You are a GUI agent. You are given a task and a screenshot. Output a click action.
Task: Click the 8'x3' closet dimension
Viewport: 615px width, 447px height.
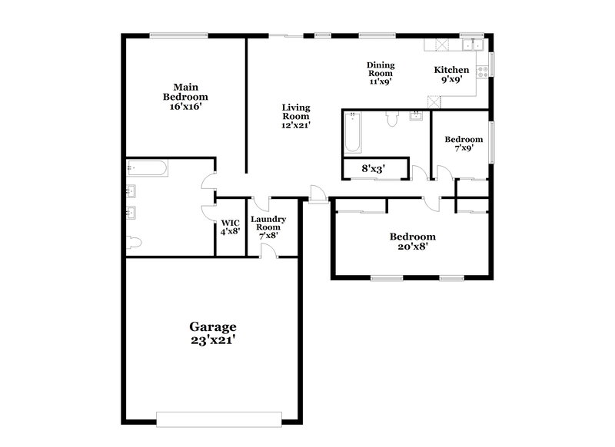(374, 168)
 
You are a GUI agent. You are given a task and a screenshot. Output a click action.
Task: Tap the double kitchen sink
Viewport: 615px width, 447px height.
(471, 44)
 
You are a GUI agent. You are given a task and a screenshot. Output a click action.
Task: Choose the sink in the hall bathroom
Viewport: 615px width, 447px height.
(417, 117)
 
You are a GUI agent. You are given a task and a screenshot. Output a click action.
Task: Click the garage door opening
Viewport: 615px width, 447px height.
(212, 419)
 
